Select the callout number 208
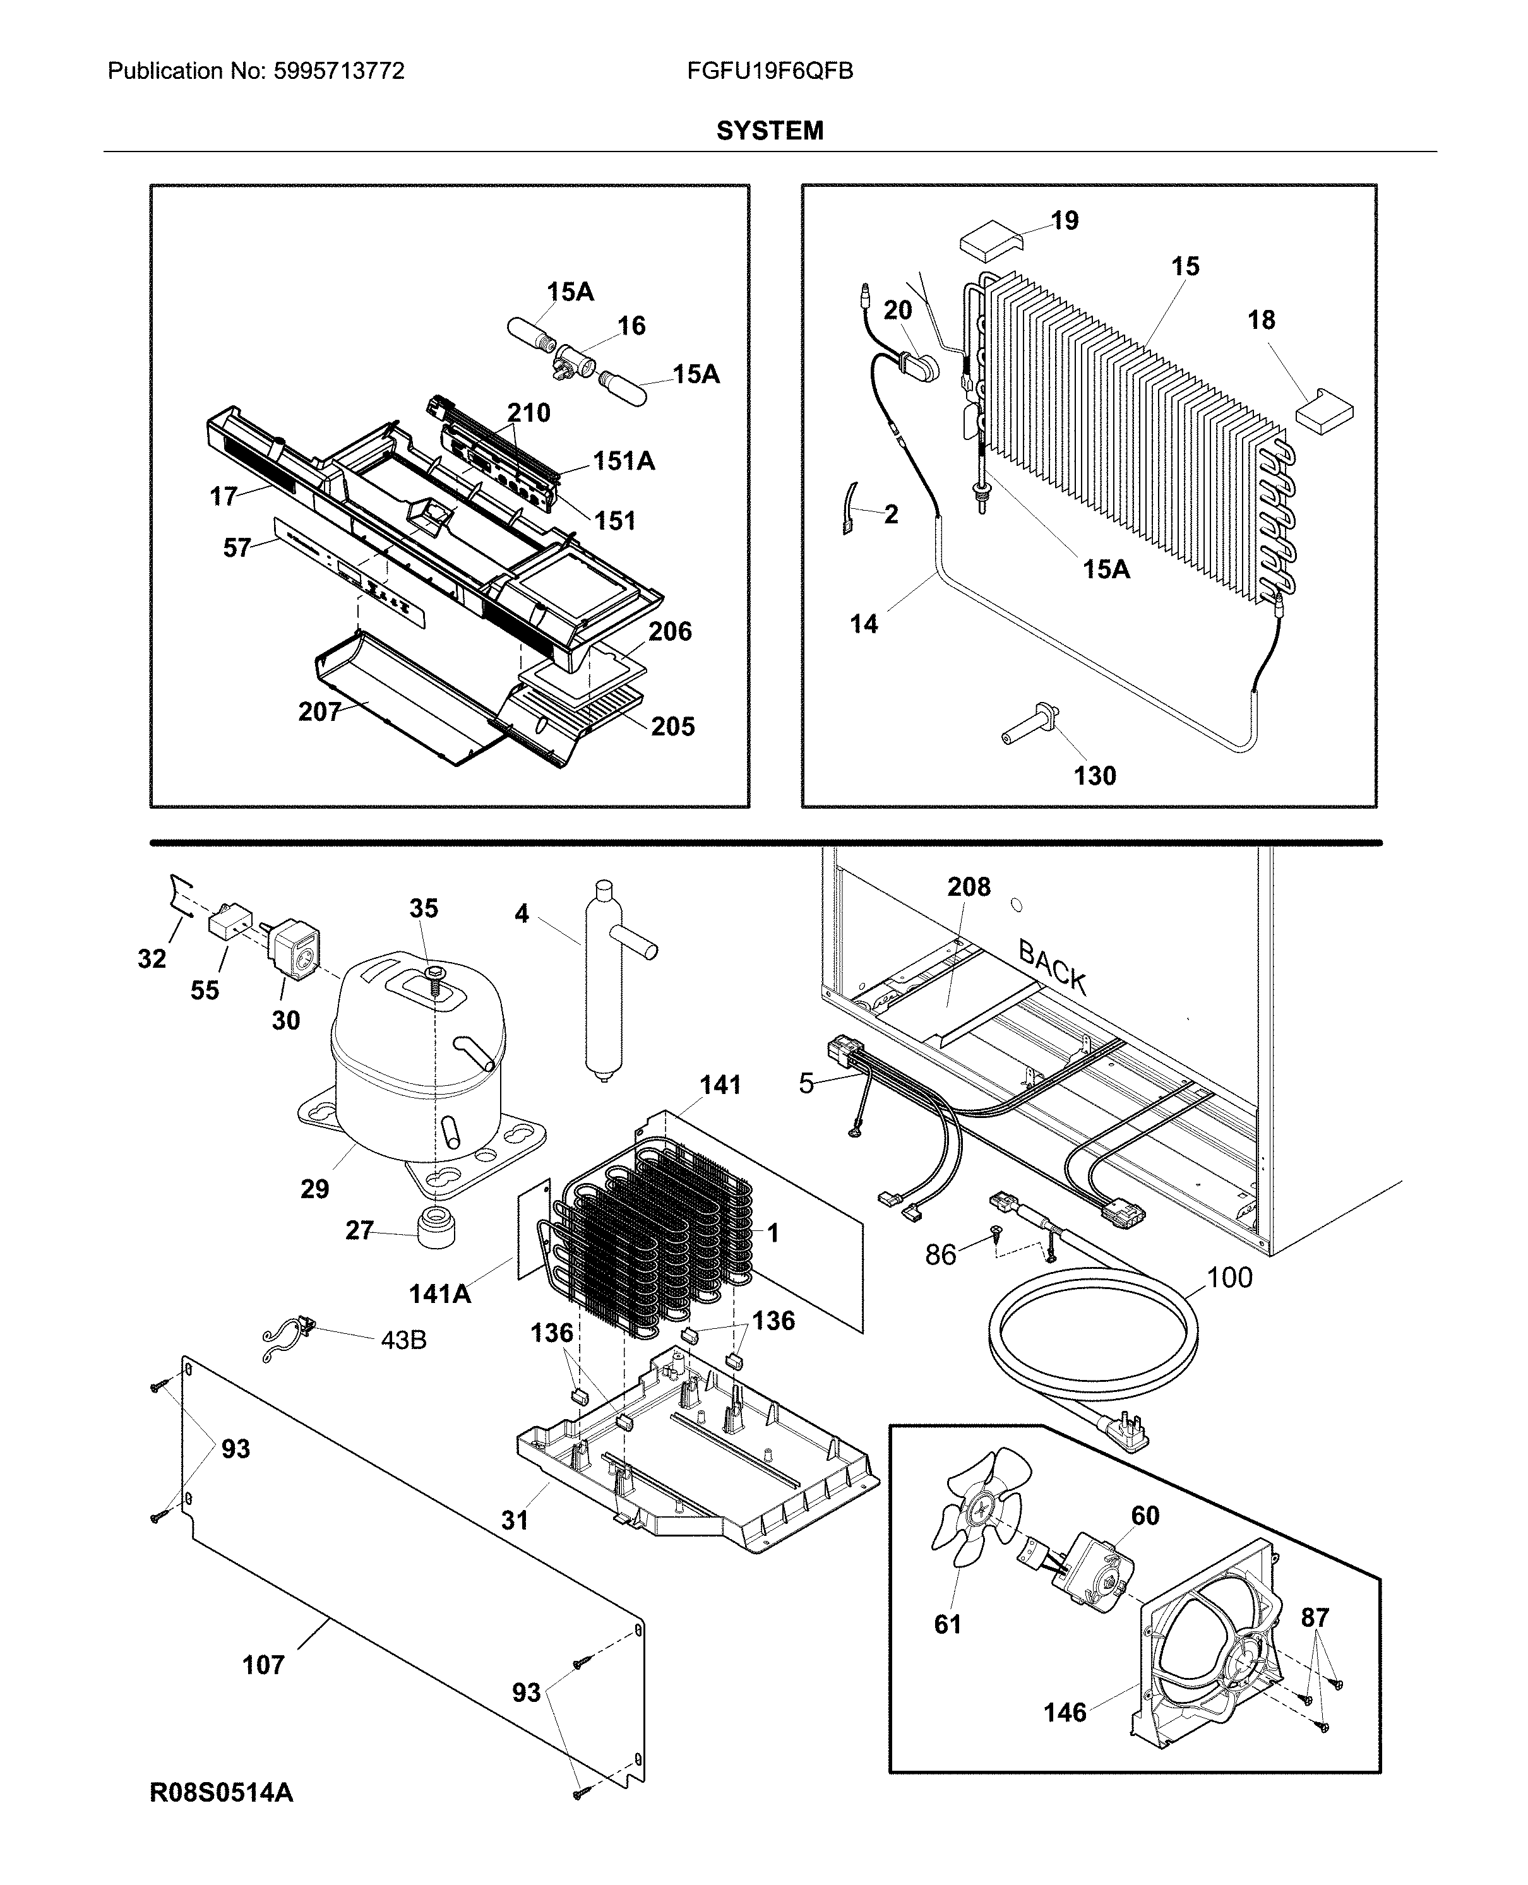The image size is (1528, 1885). coord(968,886)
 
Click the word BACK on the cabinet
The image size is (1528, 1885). coord(1052,965)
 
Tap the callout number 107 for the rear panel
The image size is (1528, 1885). coord(263,1665)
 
